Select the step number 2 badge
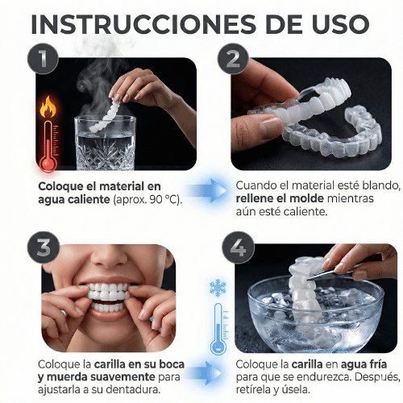coord(233,59)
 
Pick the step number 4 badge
coord(237,248)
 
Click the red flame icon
coord(48,105)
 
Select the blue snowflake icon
coord(218,288)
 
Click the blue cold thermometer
coord(218,330)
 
